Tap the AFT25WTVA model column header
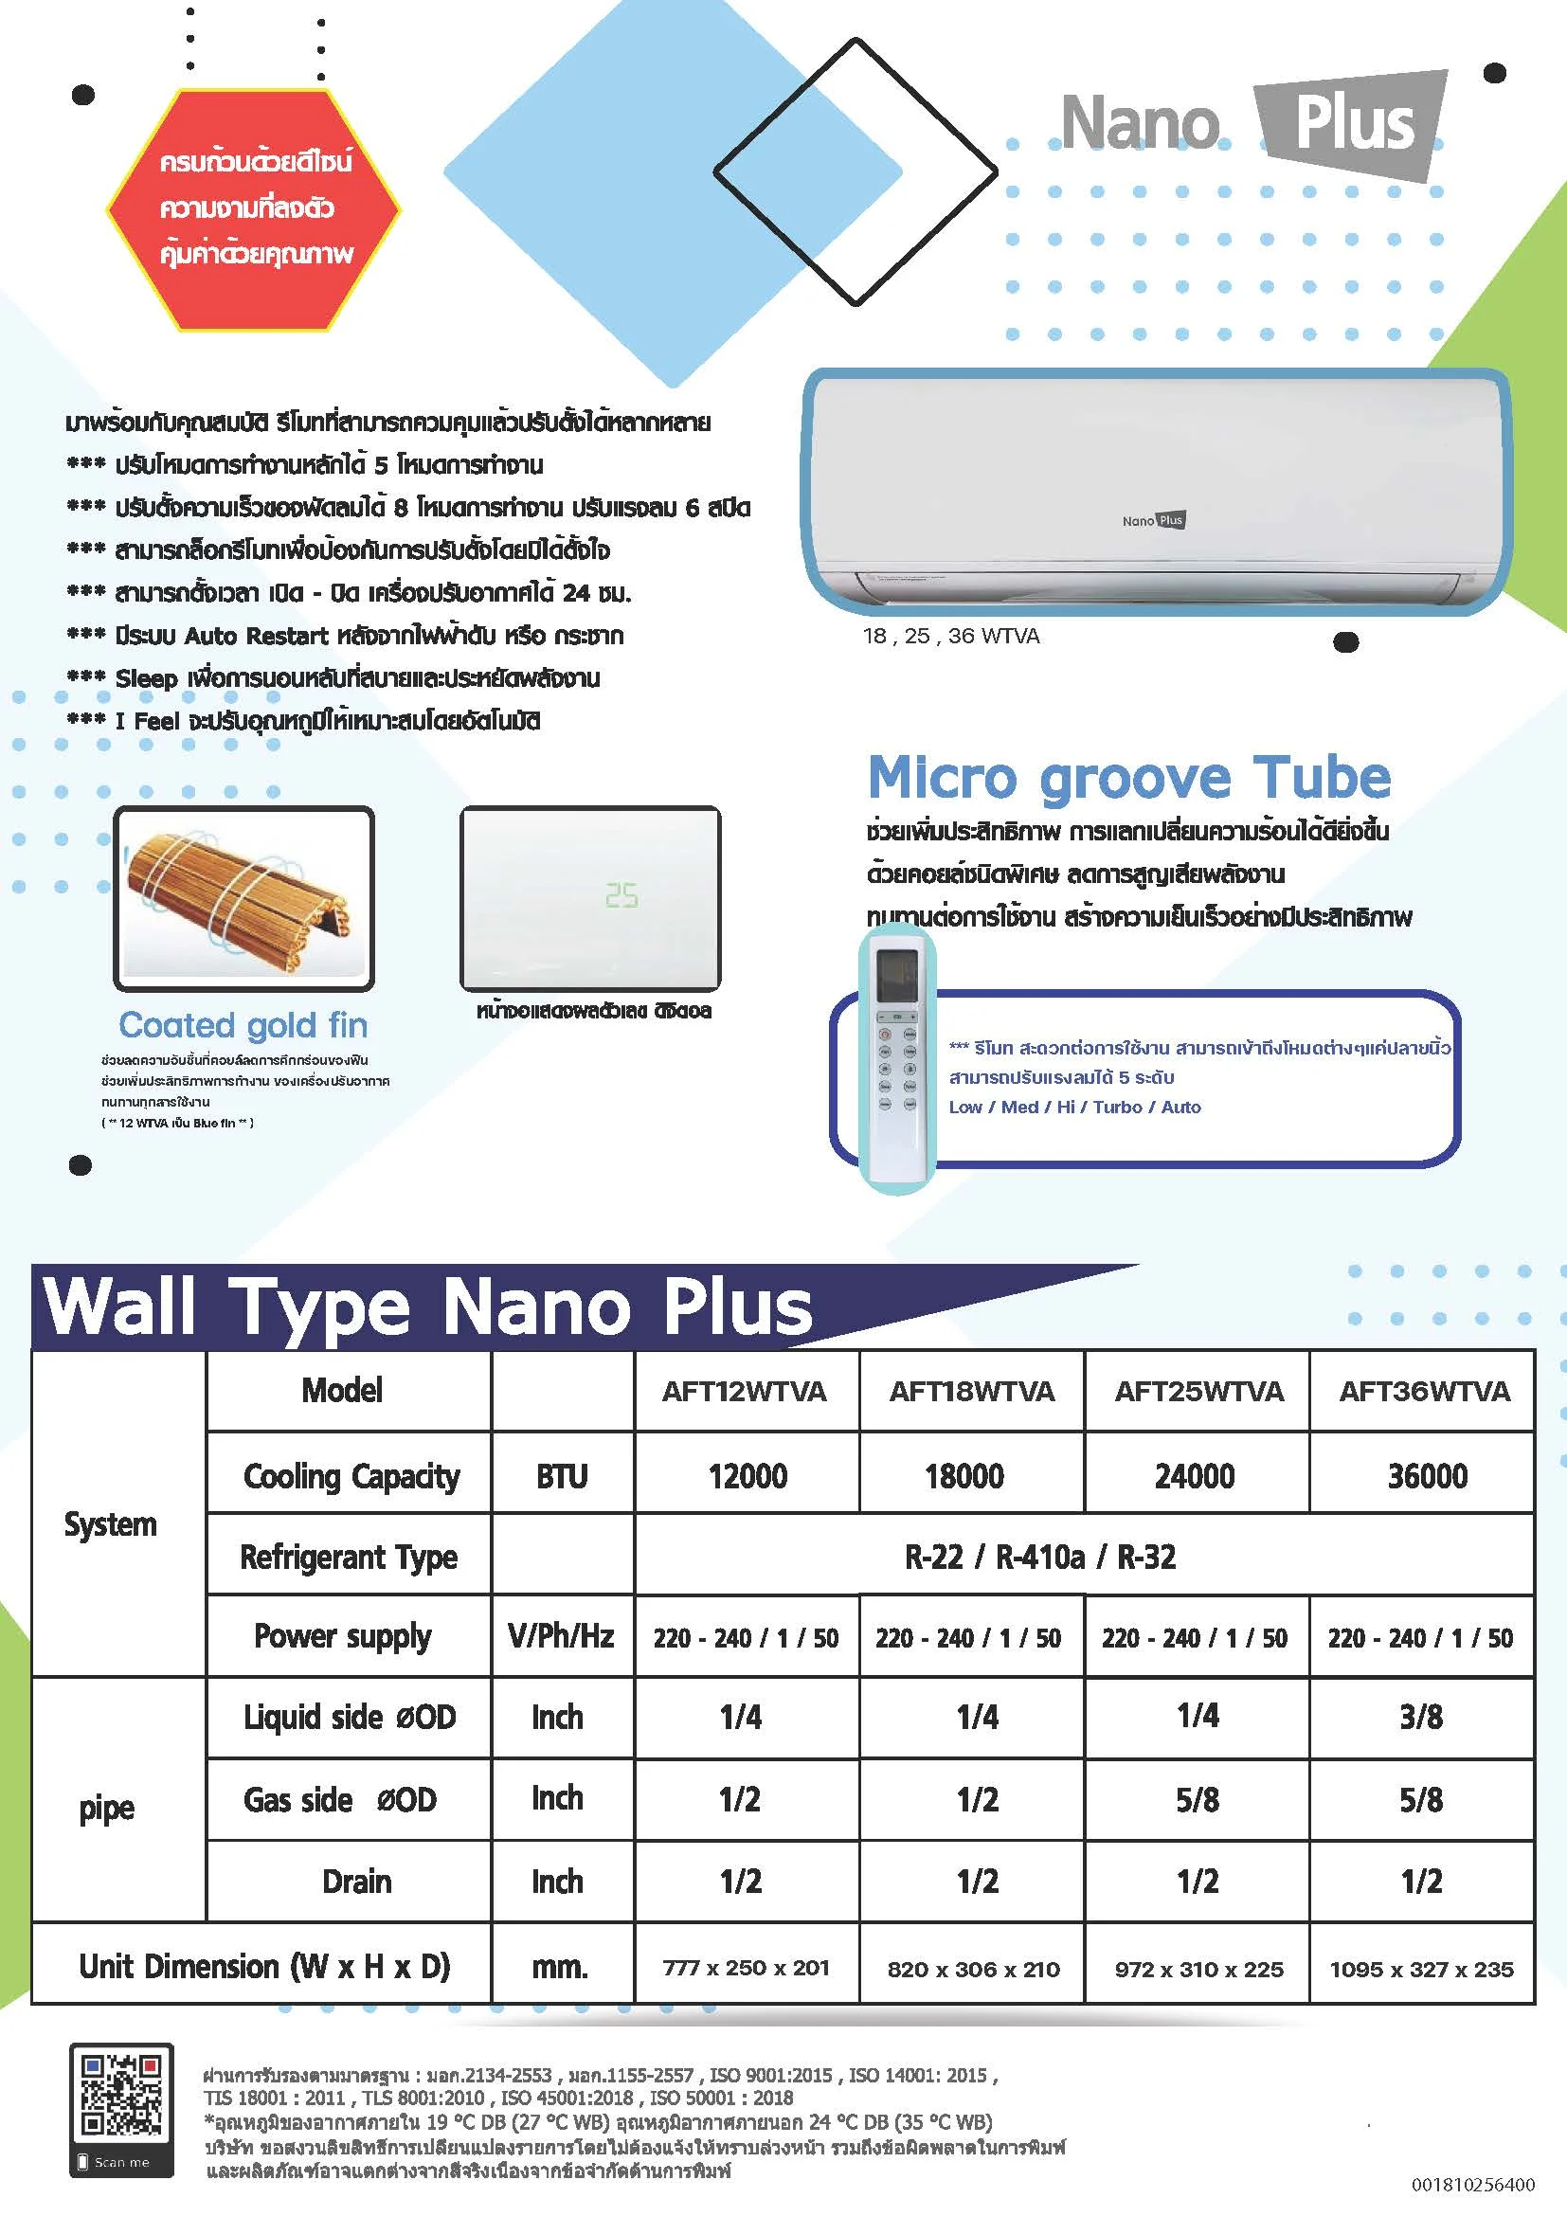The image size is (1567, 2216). (1198, 1391)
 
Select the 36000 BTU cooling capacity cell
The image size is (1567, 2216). (1426, 1476)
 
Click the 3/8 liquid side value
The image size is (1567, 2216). (1420, 1717)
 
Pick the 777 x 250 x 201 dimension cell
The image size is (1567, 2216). (746, 1968)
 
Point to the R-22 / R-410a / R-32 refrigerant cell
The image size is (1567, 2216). (1040, 1557)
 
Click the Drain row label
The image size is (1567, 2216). (356, 1882)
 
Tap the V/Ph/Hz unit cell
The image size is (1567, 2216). (561, 1636)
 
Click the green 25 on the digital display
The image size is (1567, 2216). (621, 895)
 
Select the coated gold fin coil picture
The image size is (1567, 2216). (243, 898)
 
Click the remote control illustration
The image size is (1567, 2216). (897, 1058)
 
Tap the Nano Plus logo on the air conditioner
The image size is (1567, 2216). (1153, 520)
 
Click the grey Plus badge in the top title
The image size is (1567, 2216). (1353, 123)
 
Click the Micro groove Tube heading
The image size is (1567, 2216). (1129, 777)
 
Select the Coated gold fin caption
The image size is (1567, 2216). (243, 1025)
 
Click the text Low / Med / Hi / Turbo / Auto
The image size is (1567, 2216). (1075, 1107)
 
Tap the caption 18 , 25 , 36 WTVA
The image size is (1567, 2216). (951, 636)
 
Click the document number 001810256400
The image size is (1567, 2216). (1472, 2184)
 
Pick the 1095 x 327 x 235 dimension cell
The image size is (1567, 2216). (1421, 1969)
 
